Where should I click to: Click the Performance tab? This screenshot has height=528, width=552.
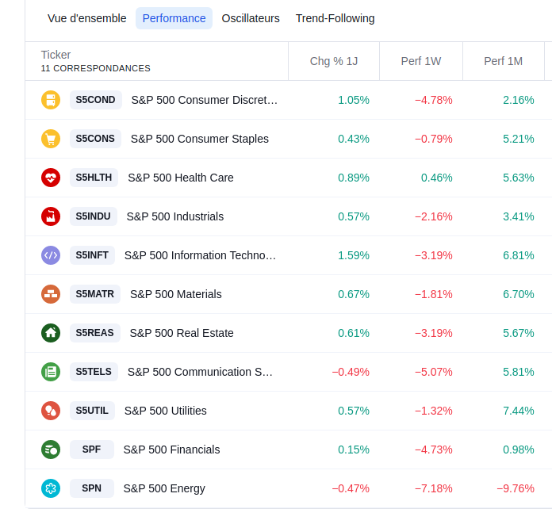click(174, 18)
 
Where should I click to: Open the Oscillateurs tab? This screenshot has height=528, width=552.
click(251, 18)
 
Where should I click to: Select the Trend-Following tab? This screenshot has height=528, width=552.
click(335, 18)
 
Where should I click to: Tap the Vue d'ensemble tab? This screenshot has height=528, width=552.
click(87, 18)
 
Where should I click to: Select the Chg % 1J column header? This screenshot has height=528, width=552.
click(334, 61)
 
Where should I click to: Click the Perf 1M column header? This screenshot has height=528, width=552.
click(504, 61)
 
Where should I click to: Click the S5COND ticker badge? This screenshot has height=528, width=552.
click(95, 100)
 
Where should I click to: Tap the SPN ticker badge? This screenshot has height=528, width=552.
click(92, 488)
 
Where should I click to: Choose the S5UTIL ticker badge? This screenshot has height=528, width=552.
click(92, 411)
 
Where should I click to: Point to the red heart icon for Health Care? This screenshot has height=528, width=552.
click(51, 178)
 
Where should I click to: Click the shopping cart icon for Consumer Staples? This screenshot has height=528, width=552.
click(51, 139)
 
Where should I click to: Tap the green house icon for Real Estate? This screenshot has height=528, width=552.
click(51, 333)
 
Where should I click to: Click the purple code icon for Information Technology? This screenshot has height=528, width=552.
click(51, 255)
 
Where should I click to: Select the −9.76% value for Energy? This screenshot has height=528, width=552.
click(516, 488)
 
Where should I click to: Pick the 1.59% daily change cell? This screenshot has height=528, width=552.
click(354, 255)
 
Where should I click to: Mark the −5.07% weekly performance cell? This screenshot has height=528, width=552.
click(433, 372)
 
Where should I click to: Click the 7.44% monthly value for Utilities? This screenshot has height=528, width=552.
click(519, 411)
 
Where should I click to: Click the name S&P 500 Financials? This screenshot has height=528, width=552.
click(171, 450)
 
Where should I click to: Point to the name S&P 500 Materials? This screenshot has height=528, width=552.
click(176, 294)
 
